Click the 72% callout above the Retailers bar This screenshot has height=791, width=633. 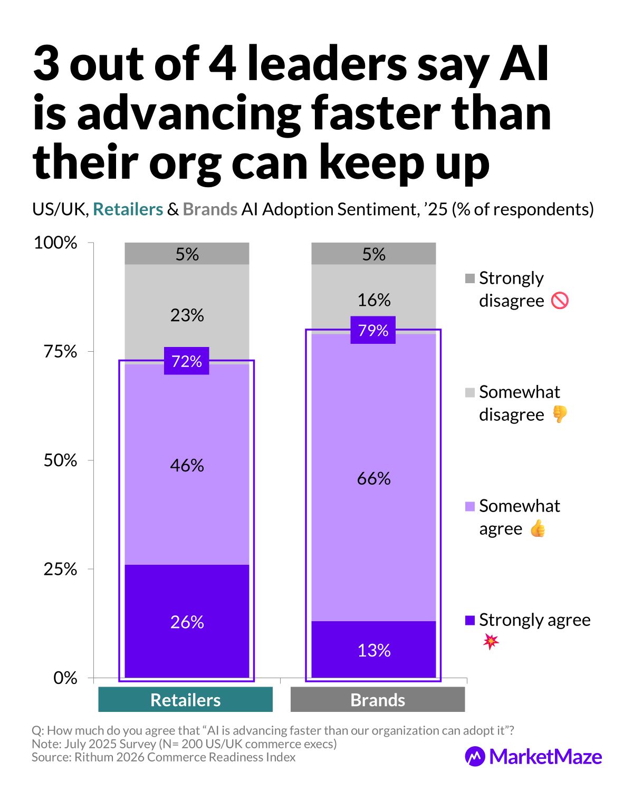187,361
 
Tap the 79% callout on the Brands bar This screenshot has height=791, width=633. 373,331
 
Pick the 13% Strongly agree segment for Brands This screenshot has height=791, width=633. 373,650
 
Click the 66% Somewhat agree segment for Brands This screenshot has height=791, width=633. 373,478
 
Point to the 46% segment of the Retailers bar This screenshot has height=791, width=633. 187,465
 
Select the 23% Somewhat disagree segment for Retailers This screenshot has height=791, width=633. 187,315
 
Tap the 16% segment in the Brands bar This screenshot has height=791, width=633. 373,300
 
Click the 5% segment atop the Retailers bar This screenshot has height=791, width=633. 187,254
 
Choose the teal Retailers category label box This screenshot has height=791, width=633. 186,700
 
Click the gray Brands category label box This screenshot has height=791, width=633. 378,700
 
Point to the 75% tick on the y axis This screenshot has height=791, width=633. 61,351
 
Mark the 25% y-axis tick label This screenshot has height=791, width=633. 61,569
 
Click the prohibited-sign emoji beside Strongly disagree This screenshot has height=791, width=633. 560,301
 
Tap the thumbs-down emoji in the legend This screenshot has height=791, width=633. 560,414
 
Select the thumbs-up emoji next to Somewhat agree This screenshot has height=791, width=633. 538,528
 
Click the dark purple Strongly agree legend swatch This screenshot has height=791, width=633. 470,620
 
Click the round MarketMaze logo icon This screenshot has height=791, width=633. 475,757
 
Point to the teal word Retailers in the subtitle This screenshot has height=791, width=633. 128,209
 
